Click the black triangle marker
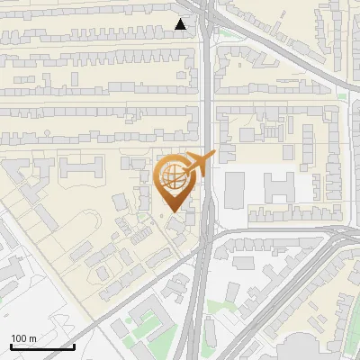tap(182, 24)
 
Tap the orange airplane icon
tap(199, 164)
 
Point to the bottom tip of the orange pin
tap(172, 212)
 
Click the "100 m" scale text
tap(23, 338)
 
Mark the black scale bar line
tap(41, 346)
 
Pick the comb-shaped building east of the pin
tap(280, 187)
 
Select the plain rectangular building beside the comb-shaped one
tap(234, 187)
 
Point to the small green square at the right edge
tap(341, 95)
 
